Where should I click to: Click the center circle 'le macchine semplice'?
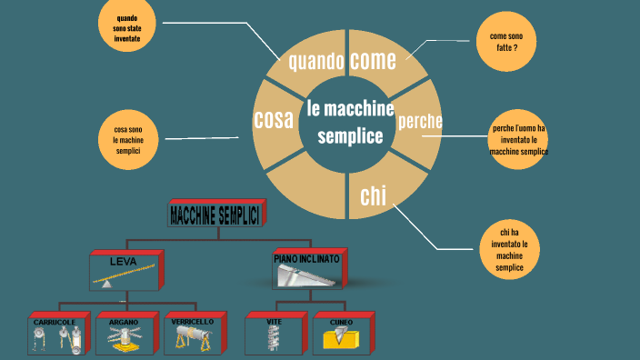point(350,123)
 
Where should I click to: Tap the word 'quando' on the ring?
point(315,63)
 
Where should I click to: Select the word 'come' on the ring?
point(373,61)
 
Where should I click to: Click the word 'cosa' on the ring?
point(273,119)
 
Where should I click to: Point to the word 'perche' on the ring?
point(420,121)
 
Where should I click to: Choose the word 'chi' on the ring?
point(372,195)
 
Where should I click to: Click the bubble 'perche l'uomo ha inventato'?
point(519,140)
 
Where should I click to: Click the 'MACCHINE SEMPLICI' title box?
point(215,215)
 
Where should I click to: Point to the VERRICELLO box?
point(193,334)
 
